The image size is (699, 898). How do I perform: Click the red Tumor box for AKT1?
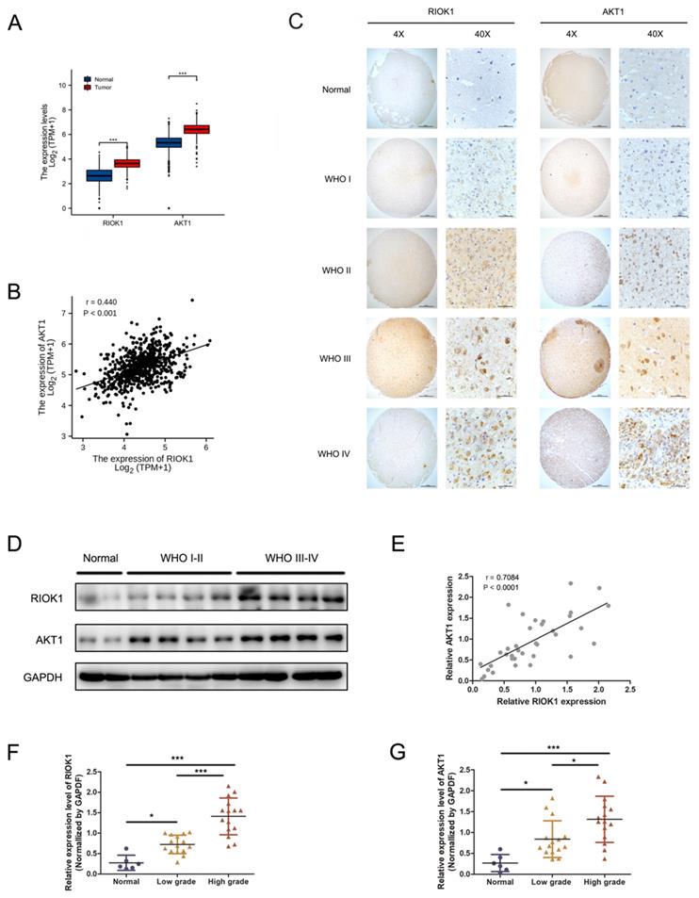(195, 129)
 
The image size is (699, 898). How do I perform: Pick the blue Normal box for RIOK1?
(100, 175)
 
